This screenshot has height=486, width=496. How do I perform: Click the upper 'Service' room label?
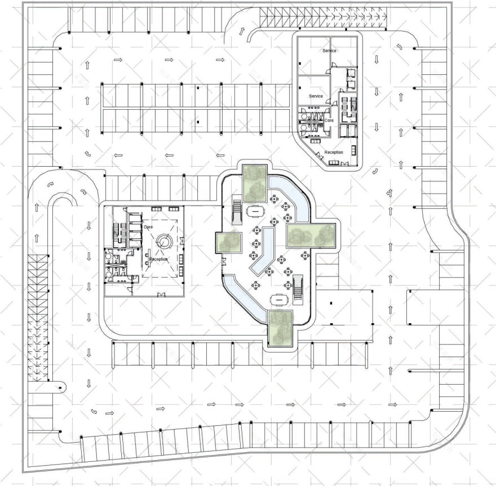click(329, 51)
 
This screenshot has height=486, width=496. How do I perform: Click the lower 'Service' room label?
click(316, 96)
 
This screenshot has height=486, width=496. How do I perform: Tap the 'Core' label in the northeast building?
click(329, 120)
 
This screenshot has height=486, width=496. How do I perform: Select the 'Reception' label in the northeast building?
click(334, 153)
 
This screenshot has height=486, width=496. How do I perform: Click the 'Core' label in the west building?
click(148, 226)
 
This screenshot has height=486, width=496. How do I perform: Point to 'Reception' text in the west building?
click(158, 259)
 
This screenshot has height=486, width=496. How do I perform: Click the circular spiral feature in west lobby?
click(164, 241)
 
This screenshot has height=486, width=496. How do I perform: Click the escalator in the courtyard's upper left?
click(237, 209)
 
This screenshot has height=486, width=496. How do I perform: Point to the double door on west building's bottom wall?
click(162, 295)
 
